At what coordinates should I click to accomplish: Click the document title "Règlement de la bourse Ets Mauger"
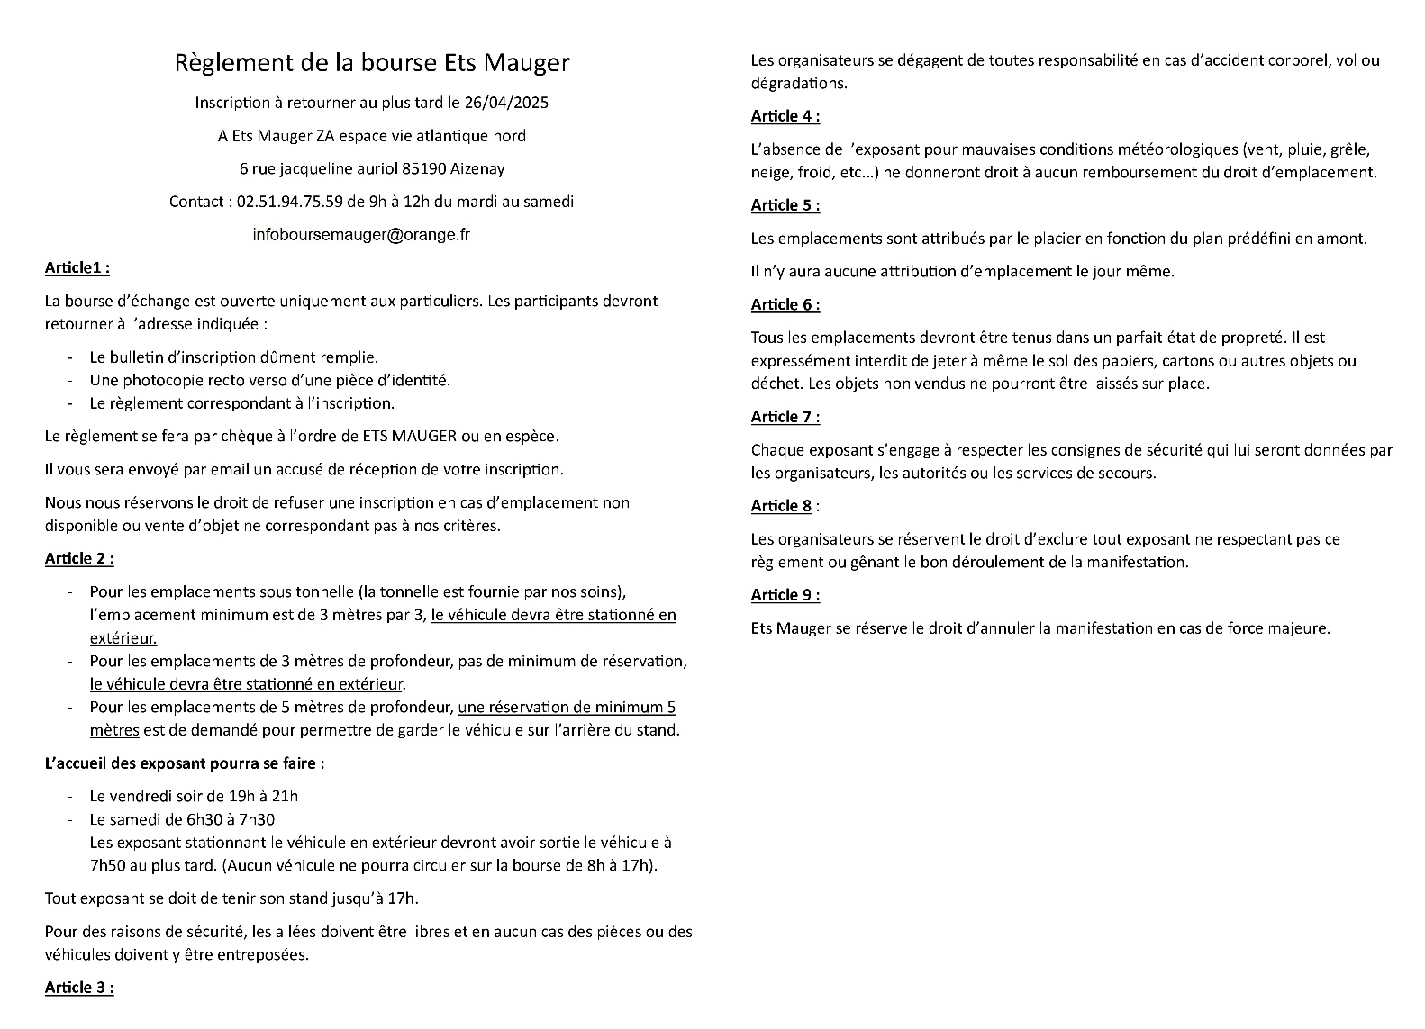coord(371,63)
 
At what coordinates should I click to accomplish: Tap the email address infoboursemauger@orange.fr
coord(361,235)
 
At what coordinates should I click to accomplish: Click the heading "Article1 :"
coord(77,267)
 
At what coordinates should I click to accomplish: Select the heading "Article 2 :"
coord(79,558)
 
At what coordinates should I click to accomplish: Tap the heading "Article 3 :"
coord(79,988)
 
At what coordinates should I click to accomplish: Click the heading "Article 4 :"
coord(785,116)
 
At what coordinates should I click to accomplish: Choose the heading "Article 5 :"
coord(785,205)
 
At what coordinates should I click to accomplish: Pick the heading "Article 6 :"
coord(785,304)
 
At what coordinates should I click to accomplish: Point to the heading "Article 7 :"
coord(785,417)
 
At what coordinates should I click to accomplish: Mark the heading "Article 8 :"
coord(785,506)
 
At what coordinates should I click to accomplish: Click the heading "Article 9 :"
coord(785,595)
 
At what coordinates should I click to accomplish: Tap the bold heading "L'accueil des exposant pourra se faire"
coord(185,763)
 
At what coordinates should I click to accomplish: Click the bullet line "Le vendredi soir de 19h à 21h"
coord(194,796)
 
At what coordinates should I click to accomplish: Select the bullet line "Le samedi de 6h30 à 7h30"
coord(182,819)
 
